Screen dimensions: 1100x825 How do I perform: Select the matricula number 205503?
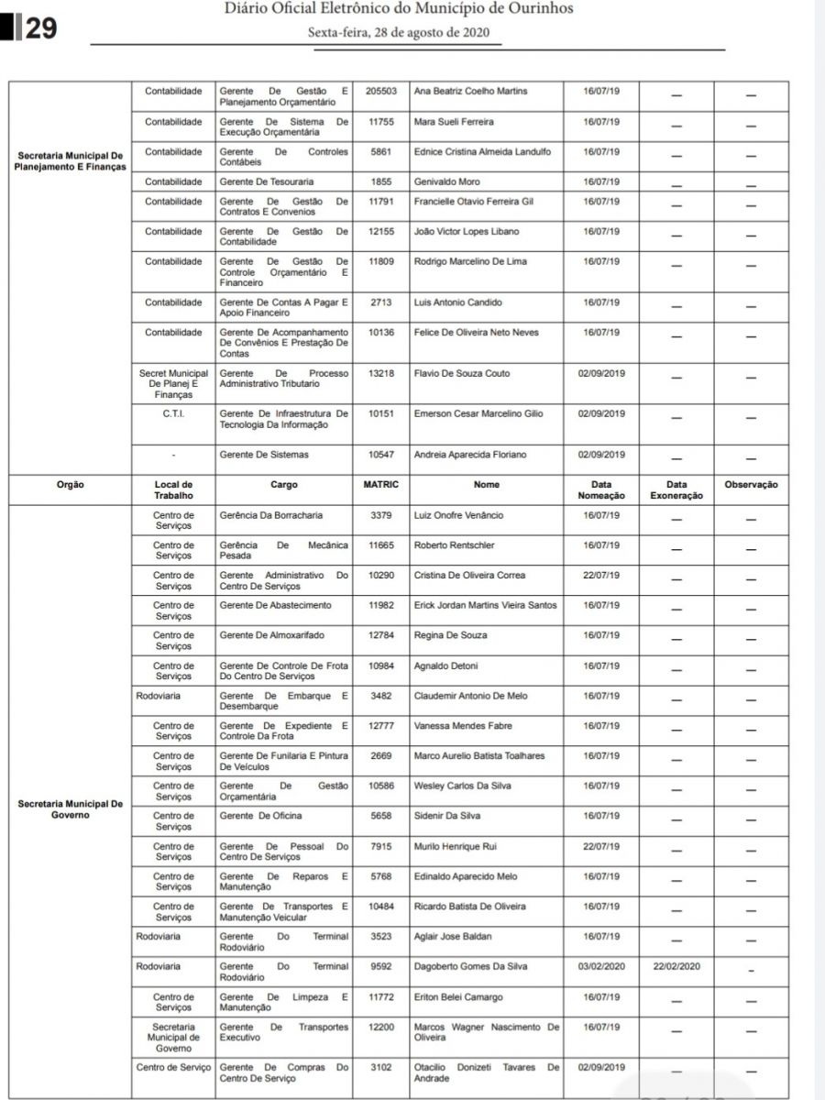[381, 92]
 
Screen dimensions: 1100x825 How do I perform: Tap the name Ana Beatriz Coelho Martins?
[471, 92]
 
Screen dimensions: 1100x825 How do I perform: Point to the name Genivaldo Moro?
[446, 181]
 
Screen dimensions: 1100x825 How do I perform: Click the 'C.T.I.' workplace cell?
[173, 414]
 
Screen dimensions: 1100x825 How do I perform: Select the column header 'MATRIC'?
[381, 484]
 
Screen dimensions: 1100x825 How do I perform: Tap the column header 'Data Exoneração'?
[676, 489]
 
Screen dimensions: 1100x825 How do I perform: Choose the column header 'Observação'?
[751, 484]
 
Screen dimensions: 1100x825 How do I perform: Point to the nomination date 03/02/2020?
[601, 966]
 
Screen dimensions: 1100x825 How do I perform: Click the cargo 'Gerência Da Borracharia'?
[271, 515]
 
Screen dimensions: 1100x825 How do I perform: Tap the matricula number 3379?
[381, 515]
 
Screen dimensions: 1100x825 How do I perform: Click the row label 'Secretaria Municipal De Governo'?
[70, 809]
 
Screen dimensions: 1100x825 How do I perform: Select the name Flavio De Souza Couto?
[462, 374]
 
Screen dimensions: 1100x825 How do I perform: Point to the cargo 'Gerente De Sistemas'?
[264, 455]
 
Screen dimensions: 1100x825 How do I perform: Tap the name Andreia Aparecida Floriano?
[469, 455]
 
